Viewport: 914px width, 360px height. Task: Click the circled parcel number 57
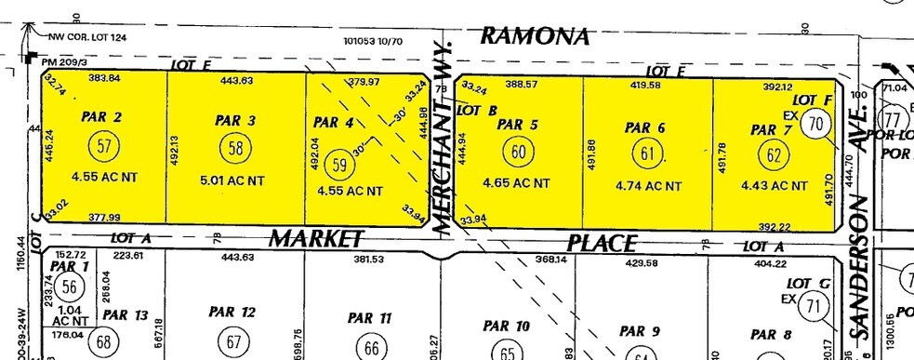[104, 145]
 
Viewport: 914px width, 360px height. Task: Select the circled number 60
[517, 150]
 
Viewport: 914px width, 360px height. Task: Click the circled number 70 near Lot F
[815, 122]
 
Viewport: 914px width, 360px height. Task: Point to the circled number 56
[67, 287]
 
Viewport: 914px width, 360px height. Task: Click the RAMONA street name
[536, 37]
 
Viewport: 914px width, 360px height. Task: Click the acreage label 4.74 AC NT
[648, 185]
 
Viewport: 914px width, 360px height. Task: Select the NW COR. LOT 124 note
[91, 37]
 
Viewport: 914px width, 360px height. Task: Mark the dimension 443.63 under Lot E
[237, 80]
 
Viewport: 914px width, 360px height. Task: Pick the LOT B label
[476, 109]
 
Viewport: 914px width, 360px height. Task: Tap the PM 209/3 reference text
[62, 61]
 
